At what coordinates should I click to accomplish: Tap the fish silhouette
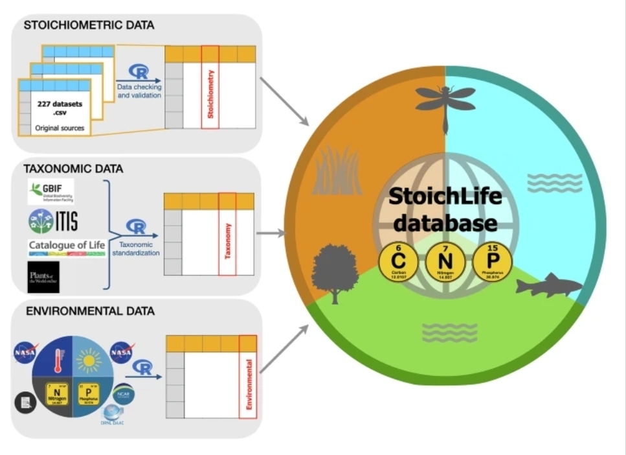tap(549, 285)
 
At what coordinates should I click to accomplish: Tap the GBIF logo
tap(50, 192)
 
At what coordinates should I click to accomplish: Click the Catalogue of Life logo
tap(66, 248)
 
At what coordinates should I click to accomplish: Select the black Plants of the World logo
tap(43, 277)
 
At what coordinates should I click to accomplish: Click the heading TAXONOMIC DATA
tap(73, 169)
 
